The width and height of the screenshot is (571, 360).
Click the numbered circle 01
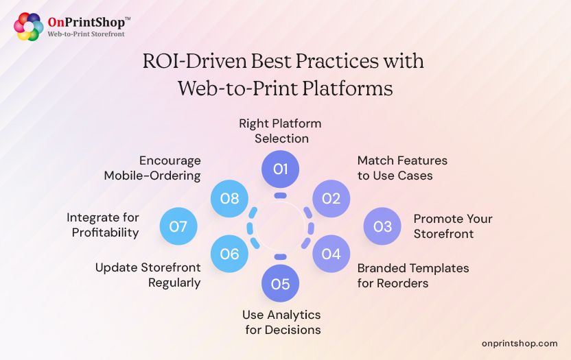[280, 169]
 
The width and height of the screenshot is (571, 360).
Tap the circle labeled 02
[331, 199]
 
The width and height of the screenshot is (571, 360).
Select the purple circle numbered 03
[382, 226]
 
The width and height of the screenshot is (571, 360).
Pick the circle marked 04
[331, 254]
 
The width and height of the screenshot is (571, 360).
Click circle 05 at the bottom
[280, 284]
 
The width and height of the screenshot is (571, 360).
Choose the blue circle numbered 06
[229, 254]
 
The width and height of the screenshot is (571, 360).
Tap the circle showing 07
[178, 226]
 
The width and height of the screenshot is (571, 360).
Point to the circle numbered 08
[229, 199]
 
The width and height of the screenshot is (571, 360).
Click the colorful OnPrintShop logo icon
[29, 26]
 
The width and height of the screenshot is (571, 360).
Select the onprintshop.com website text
[520, 343]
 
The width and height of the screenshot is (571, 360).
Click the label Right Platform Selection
[280, 131]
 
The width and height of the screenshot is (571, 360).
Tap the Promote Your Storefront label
[452, 226]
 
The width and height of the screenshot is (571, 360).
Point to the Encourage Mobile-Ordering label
[152, 168]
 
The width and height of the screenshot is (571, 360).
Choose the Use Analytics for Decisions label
[281, 322]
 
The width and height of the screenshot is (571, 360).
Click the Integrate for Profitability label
[103, 226]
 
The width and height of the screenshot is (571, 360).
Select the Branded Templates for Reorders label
[412, 275]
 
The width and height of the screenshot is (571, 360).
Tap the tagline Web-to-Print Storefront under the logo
[86, 34]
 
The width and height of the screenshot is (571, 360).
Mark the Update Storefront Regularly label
[148, 275]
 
